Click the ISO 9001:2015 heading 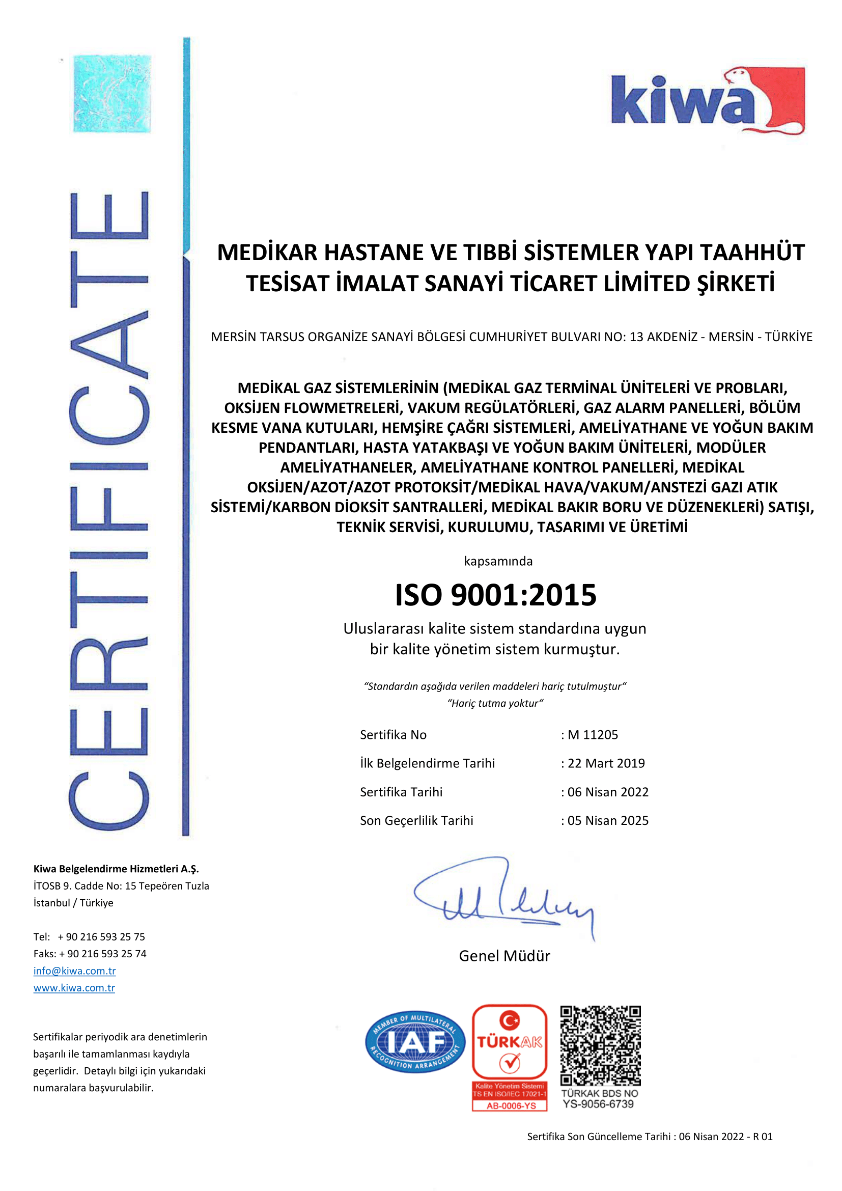coord(496,594)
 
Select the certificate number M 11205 coord(593,735)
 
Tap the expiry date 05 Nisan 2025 coord(608,820)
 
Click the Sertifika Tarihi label coord(401,792)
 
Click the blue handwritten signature coord(503,897)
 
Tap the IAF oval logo coord(415,1042)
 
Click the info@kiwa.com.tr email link coord(75,971)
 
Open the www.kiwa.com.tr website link coord(74,988)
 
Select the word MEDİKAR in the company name coord(266,253)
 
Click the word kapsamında coord(498,561)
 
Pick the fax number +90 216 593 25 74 coord(103,953)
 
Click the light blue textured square coord(112,94)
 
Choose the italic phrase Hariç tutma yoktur coord(495,703)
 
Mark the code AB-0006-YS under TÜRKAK coord(511,1105)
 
